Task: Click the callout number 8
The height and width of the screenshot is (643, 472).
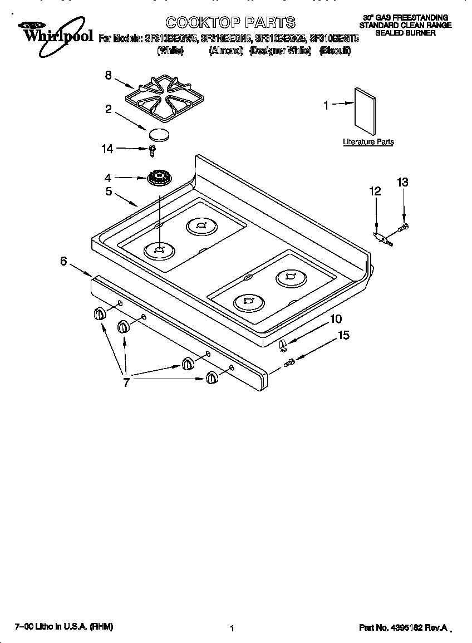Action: click(x=109, y=76)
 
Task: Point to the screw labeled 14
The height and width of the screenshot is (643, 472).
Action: click(x=151, y=149)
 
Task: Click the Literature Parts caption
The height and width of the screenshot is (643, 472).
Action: click(x=368, y=142)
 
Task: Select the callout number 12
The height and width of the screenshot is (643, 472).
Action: click(x=375, y=192)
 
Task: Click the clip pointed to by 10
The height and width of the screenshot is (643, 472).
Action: click(x=283, y=346)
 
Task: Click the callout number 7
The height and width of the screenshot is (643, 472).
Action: click(x=126, y=382)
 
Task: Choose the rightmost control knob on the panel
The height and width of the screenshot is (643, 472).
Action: click(x=212, y=377)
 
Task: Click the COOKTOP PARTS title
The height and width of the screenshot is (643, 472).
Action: click(x=230, y=22)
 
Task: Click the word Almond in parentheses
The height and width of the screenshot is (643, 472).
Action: click(x=226, y=51)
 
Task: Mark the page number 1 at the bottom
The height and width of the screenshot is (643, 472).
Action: click(x=232, y=629)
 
